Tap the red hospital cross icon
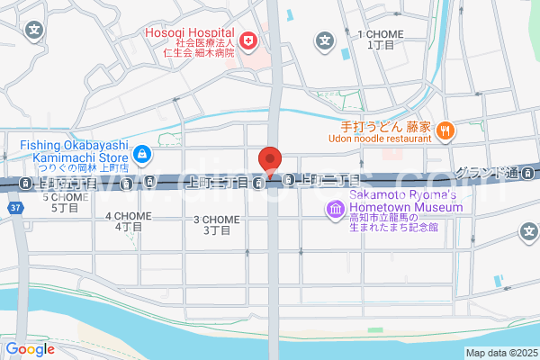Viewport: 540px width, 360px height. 247,41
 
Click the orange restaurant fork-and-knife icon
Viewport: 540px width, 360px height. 445,132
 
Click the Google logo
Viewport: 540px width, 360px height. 30,349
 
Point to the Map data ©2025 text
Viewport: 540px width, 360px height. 501,353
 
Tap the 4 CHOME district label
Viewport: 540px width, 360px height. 127,221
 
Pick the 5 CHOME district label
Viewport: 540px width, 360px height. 64,202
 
